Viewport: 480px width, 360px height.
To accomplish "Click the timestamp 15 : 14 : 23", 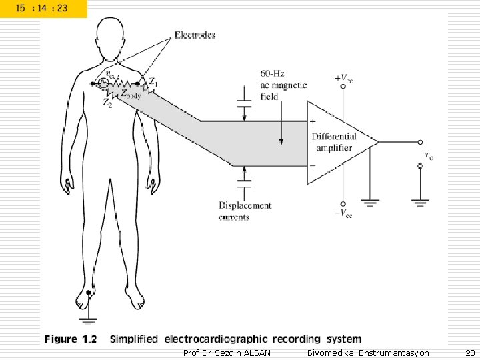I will (41, 9).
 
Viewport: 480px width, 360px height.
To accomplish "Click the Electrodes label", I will (195, 35).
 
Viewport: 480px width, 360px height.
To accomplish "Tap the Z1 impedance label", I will (153, 82).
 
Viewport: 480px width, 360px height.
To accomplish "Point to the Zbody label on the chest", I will (130, 95).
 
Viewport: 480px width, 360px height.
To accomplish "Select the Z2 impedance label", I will (107, 103).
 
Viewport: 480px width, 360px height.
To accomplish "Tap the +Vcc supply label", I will (344, 77).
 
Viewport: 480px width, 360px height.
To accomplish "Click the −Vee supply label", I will (343, 213).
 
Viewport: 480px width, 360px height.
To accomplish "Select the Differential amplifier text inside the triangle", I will (334, 142).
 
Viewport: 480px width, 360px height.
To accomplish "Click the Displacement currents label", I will (245, 211).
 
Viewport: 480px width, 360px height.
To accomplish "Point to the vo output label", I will (429, 156).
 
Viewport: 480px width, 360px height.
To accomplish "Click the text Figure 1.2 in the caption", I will (71, 339).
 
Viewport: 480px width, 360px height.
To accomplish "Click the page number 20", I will (469, 352).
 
